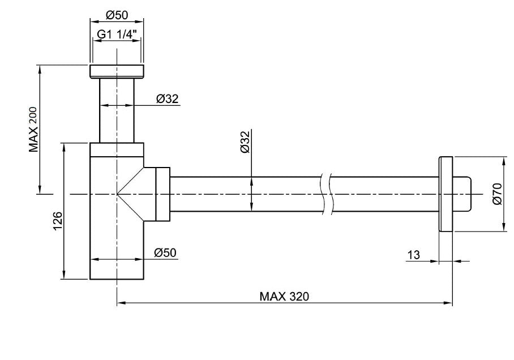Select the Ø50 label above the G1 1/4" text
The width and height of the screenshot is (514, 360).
[x=116, y=15]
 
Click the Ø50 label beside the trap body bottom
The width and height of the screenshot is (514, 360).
[x=166, y=253]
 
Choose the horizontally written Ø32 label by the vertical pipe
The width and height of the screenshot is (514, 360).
[x=167, y=98]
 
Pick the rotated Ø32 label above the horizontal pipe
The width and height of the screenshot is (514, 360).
[x=245, y=142]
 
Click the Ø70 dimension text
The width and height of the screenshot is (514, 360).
[x=496, y=194]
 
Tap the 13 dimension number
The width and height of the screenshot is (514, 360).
[x=413, y=255]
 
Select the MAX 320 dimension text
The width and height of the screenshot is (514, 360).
[x=284, y=296]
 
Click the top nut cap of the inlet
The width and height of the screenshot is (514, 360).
[x=117, y=72]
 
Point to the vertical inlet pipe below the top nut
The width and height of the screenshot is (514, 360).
[x=117, y=110]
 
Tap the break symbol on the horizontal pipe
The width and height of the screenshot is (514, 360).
[x=325, y=194]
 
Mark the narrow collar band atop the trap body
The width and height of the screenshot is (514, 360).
[x=117, y=149]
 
